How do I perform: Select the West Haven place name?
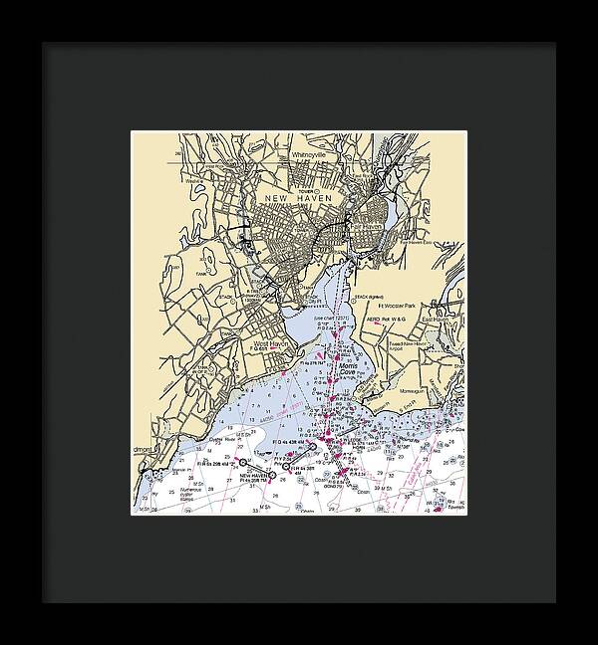pos(271,344)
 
